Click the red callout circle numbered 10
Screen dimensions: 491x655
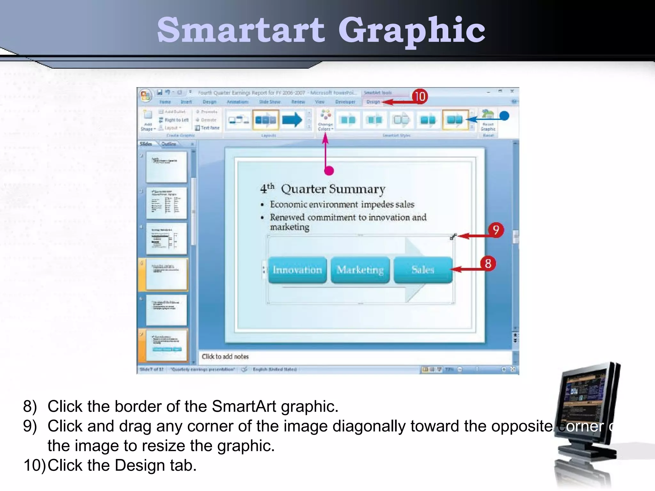420,96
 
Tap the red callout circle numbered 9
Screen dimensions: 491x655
496,230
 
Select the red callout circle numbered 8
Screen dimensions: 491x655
488,264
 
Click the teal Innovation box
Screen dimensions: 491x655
297,270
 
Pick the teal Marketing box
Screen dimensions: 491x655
360,270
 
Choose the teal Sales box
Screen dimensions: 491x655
423,270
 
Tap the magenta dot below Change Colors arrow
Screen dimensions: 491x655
329,171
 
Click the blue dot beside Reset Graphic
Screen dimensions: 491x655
504,116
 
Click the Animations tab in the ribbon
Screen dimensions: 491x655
237,102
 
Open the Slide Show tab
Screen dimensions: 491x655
270,102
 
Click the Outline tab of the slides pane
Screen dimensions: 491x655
169,144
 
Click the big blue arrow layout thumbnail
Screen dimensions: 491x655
292,120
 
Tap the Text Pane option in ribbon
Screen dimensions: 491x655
208,128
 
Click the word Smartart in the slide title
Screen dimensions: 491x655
241,30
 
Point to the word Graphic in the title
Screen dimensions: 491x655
412,30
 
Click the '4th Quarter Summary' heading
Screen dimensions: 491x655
323,189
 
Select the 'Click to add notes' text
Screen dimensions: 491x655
225,356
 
